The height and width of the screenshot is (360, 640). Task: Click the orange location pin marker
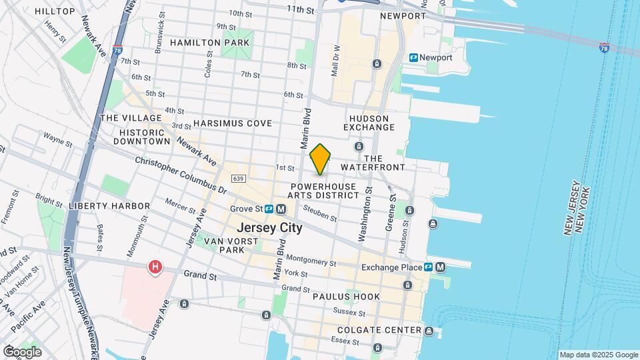click(321, 159)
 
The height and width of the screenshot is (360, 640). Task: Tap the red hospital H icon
click(155, 267)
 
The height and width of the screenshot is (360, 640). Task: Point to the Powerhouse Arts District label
click(323, 191)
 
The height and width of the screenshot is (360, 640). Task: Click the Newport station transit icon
click(414, 58)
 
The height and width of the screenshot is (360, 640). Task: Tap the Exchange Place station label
click(392, 267)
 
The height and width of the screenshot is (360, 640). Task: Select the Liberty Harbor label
click(103, 206)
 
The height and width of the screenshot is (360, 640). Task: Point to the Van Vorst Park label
click(224, 245)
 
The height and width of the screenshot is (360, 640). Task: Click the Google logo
click(22, 352)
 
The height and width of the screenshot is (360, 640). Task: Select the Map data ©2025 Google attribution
click(599, 355)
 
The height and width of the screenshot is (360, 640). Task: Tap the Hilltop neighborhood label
click(55, 11)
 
